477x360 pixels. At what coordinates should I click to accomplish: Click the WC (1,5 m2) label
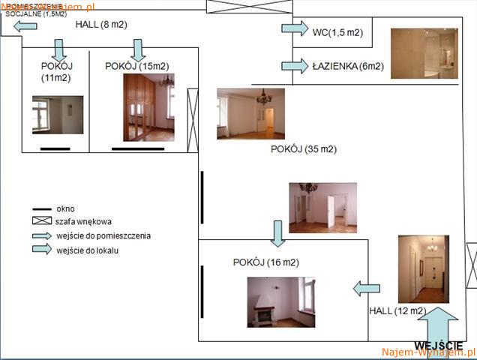coord(337,31)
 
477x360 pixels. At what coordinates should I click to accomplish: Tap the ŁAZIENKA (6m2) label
coord(348,66)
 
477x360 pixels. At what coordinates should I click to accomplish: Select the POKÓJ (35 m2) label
coord(304,148)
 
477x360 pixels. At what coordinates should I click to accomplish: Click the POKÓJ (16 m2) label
coord(265,262)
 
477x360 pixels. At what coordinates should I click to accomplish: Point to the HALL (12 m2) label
coord(397,310)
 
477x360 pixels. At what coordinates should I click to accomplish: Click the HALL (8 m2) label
coord(101,25)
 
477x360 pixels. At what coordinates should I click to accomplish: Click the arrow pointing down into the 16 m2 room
coord(277,232)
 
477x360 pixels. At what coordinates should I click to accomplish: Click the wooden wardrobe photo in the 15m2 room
coord(148,107)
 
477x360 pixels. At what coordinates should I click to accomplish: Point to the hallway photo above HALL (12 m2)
coord(423,268)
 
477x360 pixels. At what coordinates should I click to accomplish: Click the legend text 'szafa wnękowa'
coord(83,222)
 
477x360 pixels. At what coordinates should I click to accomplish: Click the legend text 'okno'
coord(65,208)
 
